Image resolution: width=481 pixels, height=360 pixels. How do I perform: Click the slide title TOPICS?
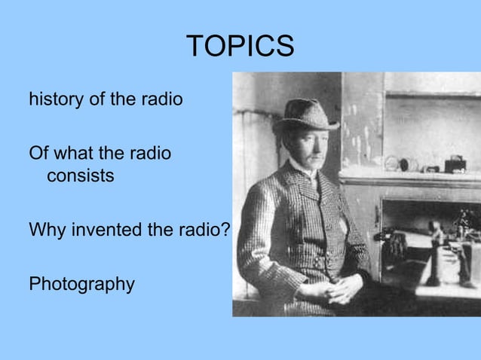240,46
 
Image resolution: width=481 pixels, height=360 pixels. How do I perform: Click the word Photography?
81,284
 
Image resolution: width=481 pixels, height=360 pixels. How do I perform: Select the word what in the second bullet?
74,154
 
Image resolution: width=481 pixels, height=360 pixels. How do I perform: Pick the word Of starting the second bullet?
38,154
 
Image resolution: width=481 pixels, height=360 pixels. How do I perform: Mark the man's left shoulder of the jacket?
340,188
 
